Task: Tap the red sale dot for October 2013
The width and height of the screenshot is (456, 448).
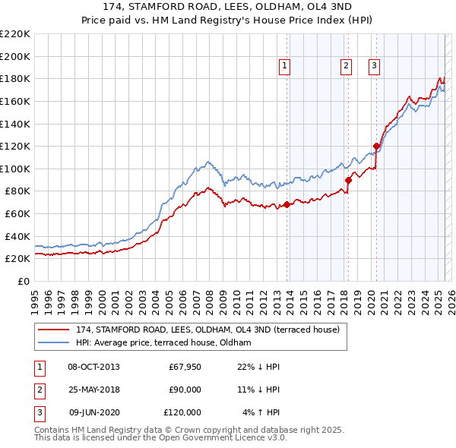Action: (287, 204)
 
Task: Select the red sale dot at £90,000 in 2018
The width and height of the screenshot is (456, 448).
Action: (349, 180)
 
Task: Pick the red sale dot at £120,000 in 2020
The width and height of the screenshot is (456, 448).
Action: (376, 146)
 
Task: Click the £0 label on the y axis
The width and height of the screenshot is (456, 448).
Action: (24, 281)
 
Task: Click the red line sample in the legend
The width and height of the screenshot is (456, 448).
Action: (53, 329)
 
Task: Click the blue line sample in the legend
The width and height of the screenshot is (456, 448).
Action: (53, 342)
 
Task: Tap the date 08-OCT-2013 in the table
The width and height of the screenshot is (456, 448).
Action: (93, 367)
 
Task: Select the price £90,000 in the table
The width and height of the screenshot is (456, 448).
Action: (185, 390)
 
